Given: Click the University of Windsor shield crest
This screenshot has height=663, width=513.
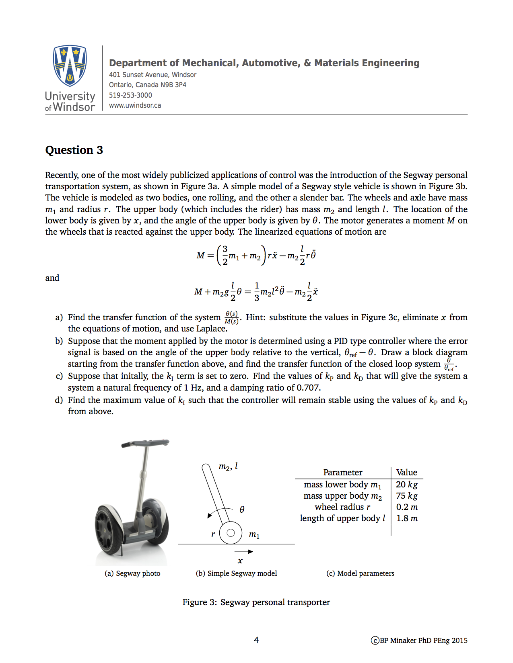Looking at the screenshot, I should [70, 65].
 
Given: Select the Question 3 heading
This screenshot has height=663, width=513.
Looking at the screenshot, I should [74, 150].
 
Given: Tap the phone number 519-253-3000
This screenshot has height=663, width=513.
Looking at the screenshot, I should [130, 95].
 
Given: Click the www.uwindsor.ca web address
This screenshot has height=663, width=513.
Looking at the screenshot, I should [135, 105].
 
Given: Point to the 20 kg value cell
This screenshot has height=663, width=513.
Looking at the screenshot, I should [406, 485].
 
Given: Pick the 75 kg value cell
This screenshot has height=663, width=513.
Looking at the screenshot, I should [406, 496].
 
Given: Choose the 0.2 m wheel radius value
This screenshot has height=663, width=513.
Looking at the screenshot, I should [406, 507].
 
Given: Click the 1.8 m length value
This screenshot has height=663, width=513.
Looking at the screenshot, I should [406, 518].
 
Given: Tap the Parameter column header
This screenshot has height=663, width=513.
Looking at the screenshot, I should [342, 473].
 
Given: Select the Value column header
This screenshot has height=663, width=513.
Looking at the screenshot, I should [406, 473].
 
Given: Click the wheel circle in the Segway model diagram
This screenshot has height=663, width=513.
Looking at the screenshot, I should [231, 533].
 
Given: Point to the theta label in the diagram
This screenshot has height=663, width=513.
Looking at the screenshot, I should [242, 510].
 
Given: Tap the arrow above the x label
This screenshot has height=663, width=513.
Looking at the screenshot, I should [244, 552].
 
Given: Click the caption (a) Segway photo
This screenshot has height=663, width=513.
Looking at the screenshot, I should [132, 573].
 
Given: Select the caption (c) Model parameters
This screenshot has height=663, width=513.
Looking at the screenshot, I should [360, 573].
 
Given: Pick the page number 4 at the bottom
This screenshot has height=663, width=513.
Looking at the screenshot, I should [256, 640].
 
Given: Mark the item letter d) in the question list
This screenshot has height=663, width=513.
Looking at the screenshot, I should [59, 400].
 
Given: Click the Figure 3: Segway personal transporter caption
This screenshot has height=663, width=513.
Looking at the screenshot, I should [256, 602].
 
